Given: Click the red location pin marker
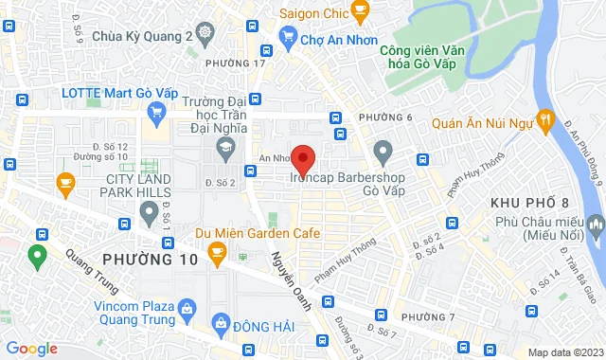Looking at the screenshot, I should pyautogui.click(x=303, y=157).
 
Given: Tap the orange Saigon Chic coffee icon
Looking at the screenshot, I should pyautogui.click(x=360, y=11).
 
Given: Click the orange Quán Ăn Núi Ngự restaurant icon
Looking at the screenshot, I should pyautogui.click(x=544, y=120).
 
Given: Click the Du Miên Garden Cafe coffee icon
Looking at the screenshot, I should pyautogui.click(x=217, y=251).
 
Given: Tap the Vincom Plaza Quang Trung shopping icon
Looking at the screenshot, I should pyautogui.click(x=187, y=308).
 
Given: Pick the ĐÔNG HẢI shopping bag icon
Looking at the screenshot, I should pyautogui.click(x=222, y=323).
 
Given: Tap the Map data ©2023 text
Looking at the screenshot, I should pyautogui.click(x=563, y=352).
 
